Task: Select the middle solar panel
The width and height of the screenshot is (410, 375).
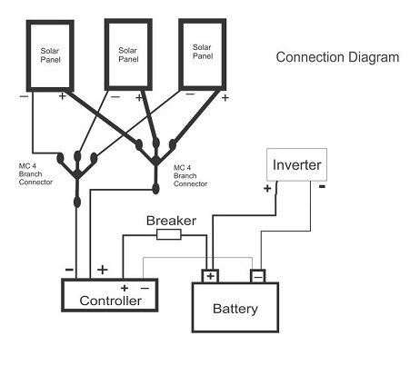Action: [128, 53]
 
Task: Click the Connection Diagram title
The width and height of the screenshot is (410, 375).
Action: [336, 57]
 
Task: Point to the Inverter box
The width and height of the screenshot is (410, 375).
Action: [296, 167]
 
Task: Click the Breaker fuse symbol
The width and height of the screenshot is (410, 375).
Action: [168, 234]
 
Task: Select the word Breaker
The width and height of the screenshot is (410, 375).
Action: [171, 220]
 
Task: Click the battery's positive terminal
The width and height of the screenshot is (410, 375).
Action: [211, 275]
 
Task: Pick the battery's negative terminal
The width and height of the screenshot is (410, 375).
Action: [257, 275]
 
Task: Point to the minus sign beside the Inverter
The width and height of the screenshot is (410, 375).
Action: [321, 188]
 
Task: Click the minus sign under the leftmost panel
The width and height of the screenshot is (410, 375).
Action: [24, 94]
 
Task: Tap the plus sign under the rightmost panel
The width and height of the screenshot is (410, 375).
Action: [225, 95]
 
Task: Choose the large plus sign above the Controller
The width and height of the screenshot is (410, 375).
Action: [102, 270]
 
